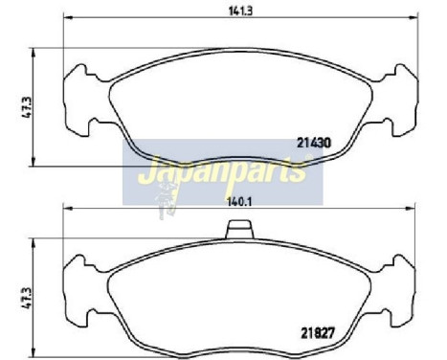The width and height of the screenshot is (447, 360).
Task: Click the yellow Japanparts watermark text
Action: tap(221, 171)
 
